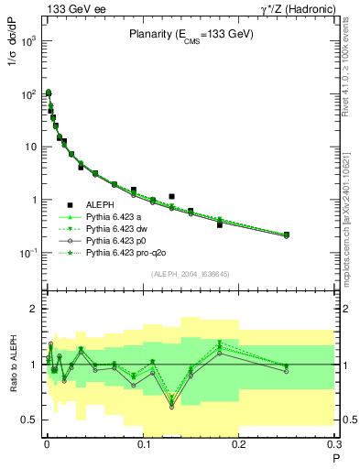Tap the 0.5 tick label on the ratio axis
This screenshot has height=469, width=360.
coord(30,420)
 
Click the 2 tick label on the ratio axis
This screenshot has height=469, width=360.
coord(34,309)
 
